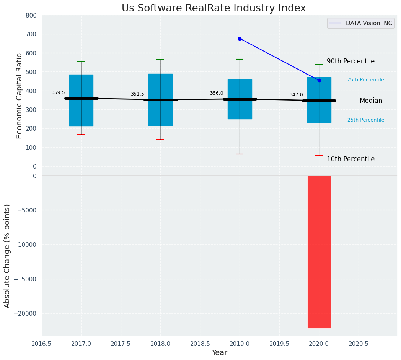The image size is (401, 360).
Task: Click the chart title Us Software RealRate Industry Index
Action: (214, 8)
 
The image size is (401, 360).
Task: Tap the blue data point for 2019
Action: (240, 39)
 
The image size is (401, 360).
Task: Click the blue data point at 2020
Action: (319, 80)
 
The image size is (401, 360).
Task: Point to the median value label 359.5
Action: (58, 92)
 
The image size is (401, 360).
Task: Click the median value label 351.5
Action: (137, 94)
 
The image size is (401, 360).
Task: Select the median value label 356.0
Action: (217, 93)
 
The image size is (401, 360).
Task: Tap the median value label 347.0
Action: (296, 95)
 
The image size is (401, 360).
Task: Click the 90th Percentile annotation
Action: (350, 62)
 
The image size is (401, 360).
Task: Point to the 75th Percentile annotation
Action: (365, 80)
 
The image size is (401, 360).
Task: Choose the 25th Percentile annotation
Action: (366, 120)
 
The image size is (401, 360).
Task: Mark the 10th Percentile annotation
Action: (350, 159)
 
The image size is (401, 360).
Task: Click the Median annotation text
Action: (371, 101)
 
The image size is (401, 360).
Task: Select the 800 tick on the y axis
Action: (31, 15)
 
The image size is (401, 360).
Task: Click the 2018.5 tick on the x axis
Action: (200, 344)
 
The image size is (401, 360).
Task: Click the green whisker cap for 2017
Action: (81, 62)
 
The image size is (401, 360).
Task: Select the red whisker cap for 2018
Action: (160, 139)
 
